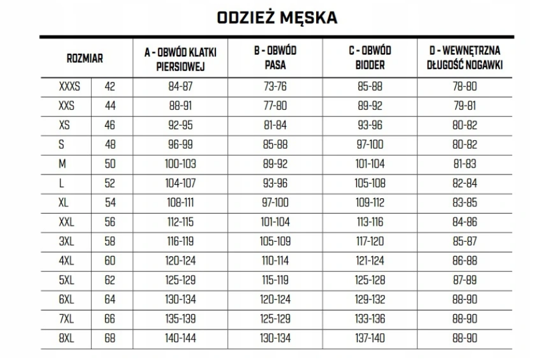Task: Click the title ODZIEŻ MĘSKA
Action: [x=277, y=18]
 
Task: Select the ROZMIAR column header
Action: [x=84, y=59]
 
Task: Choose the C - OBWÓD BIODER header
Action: [x=370, y=59]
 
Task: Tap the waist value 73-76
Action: [x=275, y=87]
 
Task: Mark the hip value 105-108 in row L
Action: [x=370, y=183]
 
